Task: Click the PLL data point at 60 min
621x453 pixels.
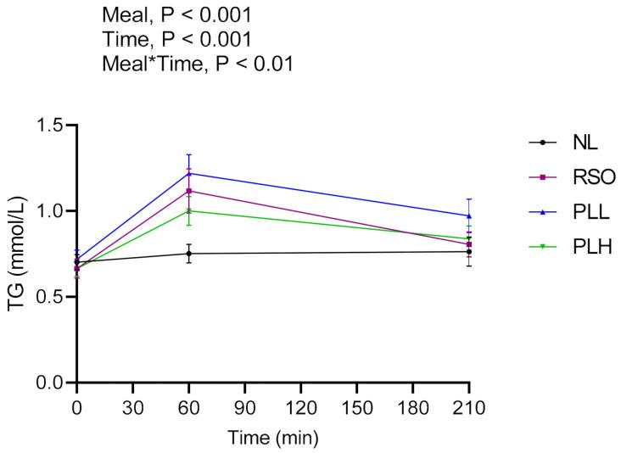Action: coord(189,173)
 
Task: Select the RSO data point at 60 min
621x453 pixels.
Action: coord(189,191)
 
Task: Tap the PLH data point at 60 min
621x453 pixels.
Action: coord(189,210)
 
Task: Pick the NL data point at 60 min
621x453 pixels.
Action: coord(189,254)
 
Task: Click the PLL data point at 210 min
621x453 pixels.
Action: coord(469,215)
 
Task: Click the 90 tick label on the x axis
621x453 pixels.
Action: coord(244,408)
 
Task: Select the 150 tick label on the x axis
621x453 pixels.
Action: coord(356,408)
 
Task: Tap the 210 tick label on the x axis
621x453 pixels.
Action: coord(468,408)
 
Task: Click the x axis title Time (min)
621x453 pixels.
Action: coord(272,438)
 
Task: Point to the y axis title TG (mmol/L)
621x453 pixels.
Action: coord(16,254)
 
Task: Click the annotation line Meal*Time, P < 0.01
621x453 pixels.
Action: coord(197,64)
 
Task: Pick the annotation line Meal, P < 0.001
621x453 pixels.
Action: coord(176,14)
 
